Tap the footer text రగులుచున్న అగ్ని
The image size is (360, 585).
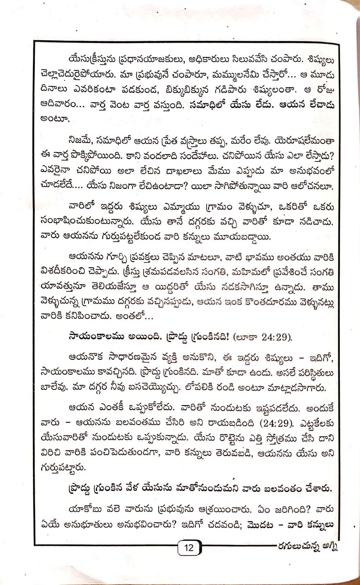(x=307, y=547)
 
